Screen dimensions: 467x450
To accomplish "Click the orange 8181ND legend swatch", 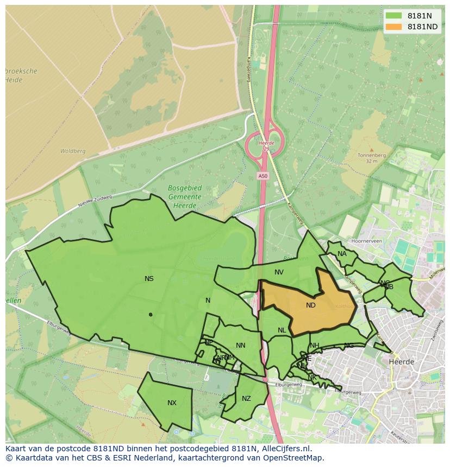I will click(x=393, y=27).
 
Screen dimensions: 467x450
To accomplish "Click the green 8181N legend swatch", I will click(x=393, y=16).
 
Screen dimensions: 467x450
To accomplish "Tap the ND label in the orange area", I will click(x=311, y=305).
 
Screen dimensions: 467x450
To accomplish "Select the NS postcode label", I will click(x=149, y=279).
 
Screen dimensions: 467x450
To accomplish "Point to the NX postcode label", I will click(x=172, y=402).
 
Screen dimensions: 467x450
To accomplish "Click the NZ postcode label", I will click(x=246, y=399).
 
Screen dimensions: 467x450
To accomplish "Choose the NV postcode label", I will click(x=279, y=272).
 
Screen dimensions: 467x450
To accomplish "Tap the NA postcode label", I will click(x=342, y=254).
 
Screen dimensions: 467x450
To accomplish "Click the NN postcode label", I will click(x=241, y=346).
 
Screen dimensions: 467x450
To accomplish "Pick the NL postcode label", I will click(x=282, y=330).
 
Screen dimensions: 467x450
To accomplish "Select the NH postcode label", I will click(x=315, y=346).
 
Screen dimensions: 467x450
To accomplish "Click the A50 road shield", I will click(x=263, y=176).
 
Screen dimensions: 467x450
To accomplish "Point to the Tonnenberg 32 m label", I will click(x=372, y=158).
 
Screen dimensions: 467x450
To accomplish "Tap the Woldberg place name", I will click(x=73, y=151).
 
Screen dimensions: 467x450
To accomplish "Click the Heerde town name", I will click(x=402, y=361).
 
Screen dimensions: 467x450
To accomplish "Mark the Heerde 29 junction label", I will click(x=266, y=145).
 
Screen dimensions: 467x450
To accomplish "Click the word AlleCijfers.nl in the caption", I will click(x=284, y=449).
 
